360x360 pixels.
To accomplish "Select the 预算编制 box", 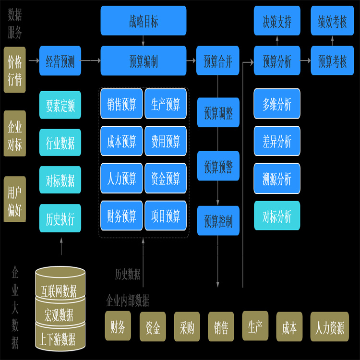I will click(144, 61).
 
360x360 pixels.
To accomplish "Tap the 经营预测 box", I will click(60, 61).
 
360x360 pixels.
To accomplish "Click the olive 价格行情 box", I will click(14, 70).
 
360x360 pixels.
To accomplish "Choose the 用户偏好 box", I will click(14, 199).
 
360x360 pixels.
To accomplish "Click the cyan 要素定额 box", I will click(60, 105).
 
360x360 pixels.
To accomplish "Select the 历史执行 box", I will click(60, 218).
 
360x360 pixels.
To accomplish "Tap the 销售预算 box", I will click(121, 104).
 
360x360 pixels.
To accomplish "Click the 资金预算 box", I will click(166, 178).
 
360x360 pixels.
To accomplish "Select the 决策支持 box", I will click(277, 21).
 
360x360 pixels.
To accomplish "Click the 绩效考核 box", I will click(332, 21).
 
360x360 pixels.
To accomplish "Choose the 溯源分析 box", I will click(277, 178).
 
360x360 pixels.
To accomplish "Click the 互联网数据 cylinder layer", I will click(60, 290).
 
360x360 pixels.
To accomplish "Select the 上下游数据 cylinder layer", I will click(60, 339).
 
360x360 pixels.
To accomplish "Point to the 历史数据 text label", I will click(128, 274).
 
